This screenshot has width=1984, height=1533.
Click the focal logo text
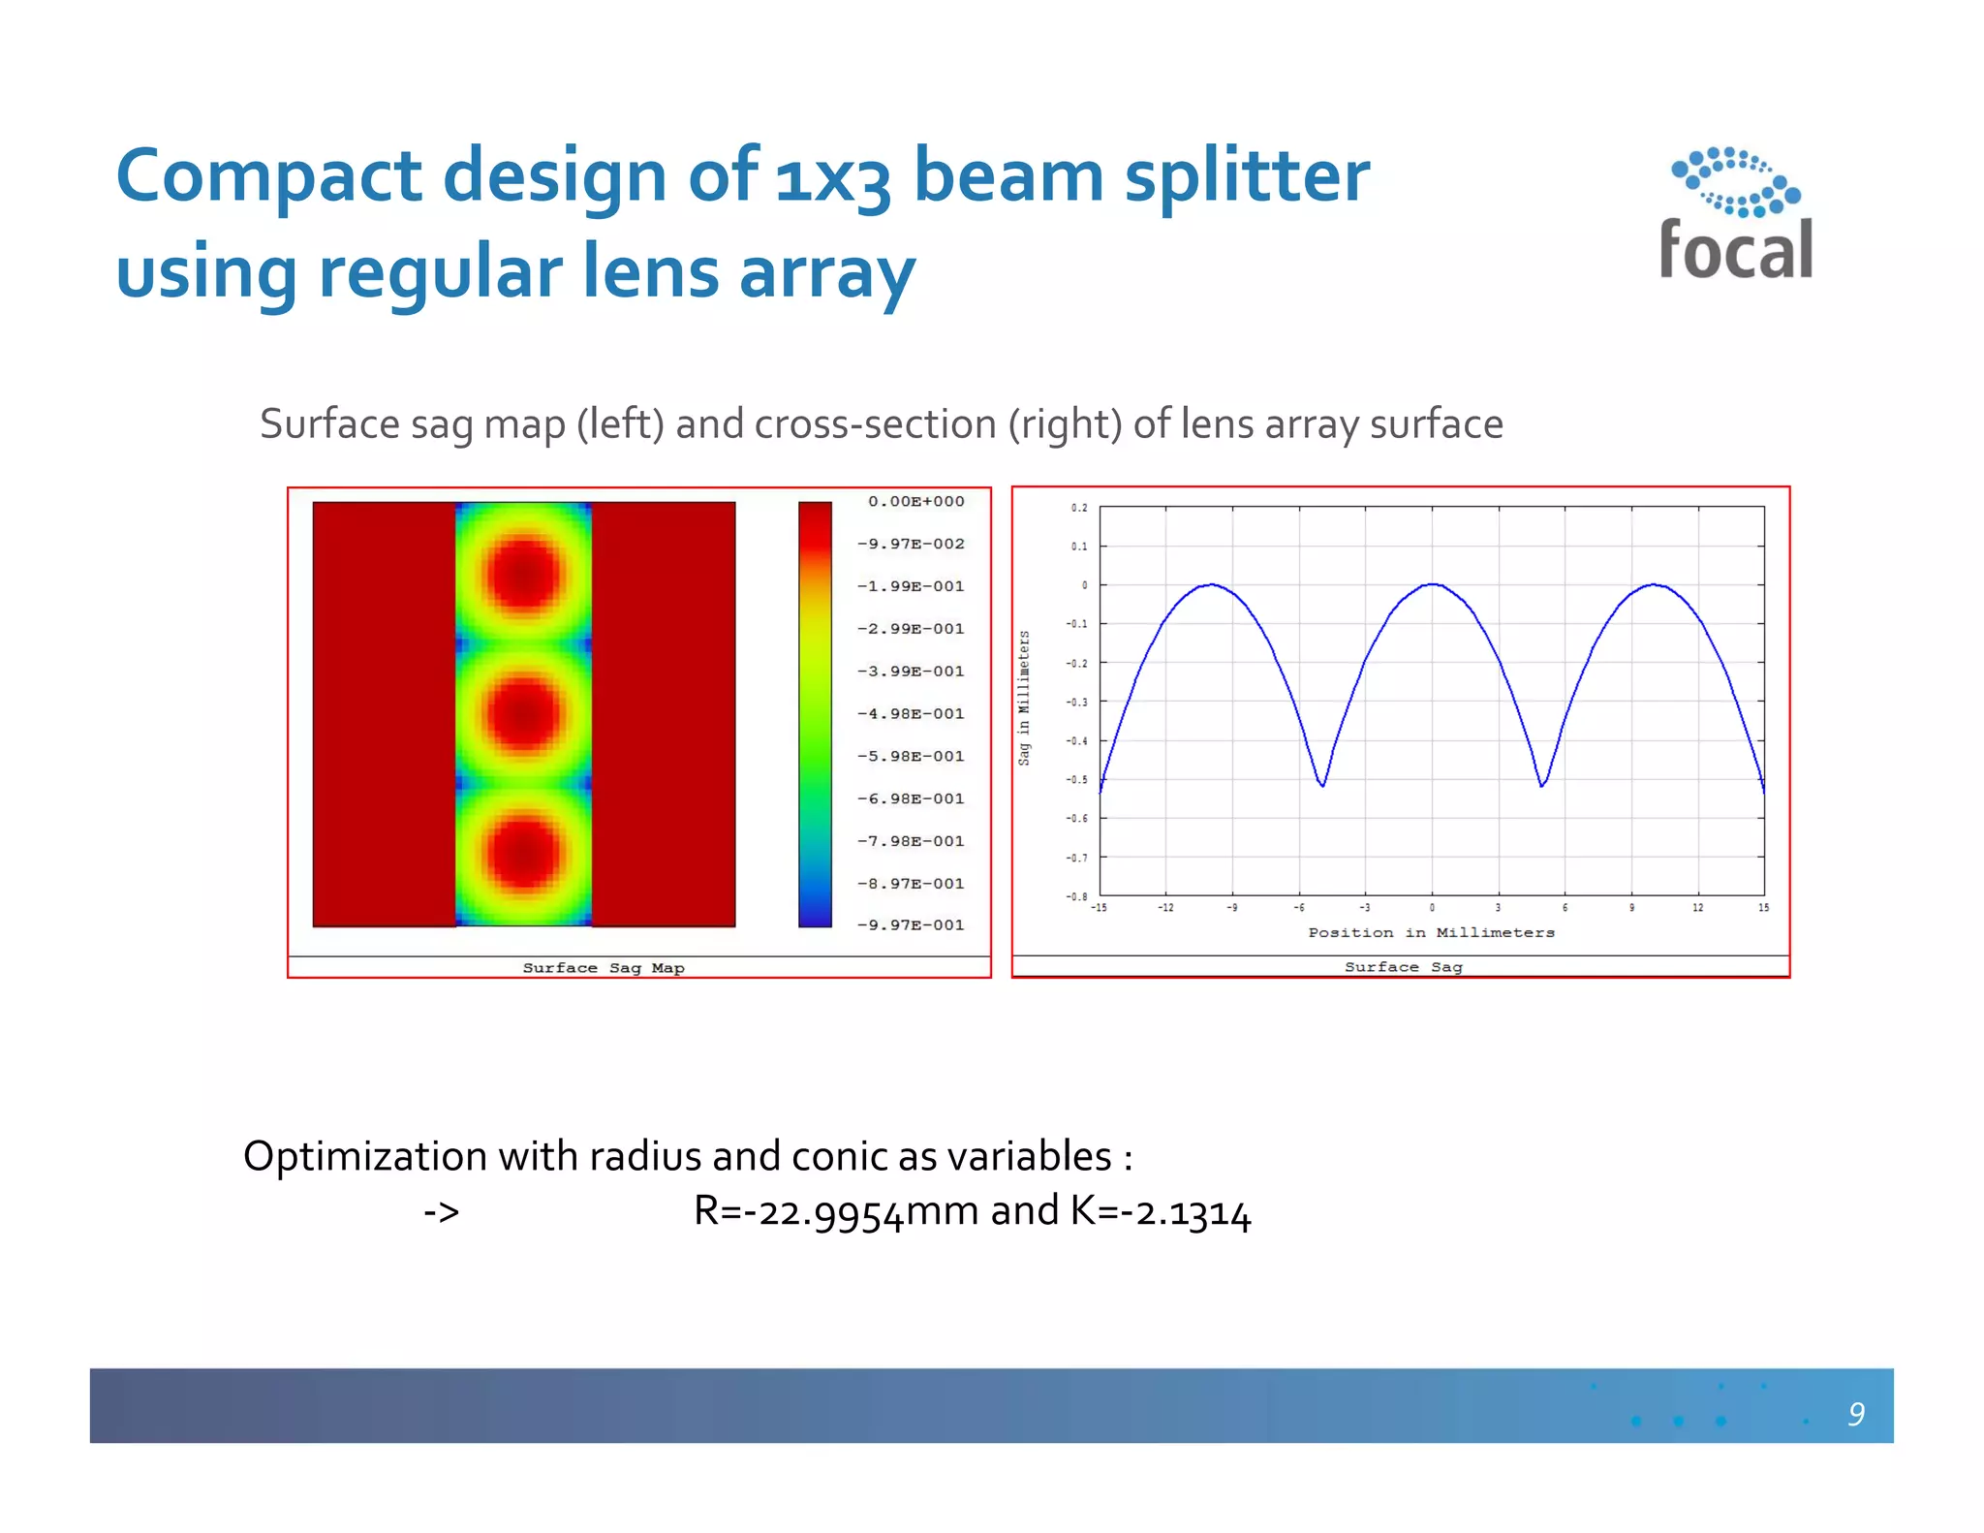[x=1735, y=250]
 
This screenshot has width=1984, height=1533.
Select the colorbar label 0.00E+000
[x=915, y=501]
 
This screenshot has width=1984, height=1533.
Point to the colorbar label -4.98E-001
[x=911, y=713]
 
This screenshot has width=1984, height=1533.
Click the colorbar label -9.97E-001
[x=911, y=924]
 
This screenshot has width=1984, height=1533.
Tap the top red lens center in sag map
[x=523, y=575]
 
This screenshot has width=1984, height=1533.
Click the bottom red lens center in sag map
[x=523, y=853]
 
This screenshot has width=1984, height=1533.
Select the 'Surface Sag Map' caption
[x=603, y=967]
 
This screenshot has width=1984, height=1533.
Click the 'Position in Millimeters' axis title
[x=1431, y=932]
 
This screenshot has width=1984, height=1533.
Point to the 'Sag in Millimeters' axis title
[x=1024, y=698]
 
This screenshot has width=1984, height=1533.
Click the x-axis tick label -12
[x=1165, y=908]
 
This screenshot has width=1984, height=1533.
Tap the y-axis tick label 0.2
[x=1079, y=508]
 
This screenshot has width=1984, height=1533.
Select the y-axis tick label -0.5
[x=1076, y=779]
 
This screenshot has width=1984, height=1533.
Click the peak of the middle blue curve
[x=1433, y=584]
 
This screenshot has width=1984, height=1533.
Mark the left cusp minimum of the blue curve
[x=1322, y=785]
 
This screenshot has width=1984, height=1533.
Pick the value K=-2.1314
[x=1161, y=1211]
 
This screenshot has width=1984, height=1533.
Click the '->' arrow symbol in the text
[x=442, y=1212]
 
